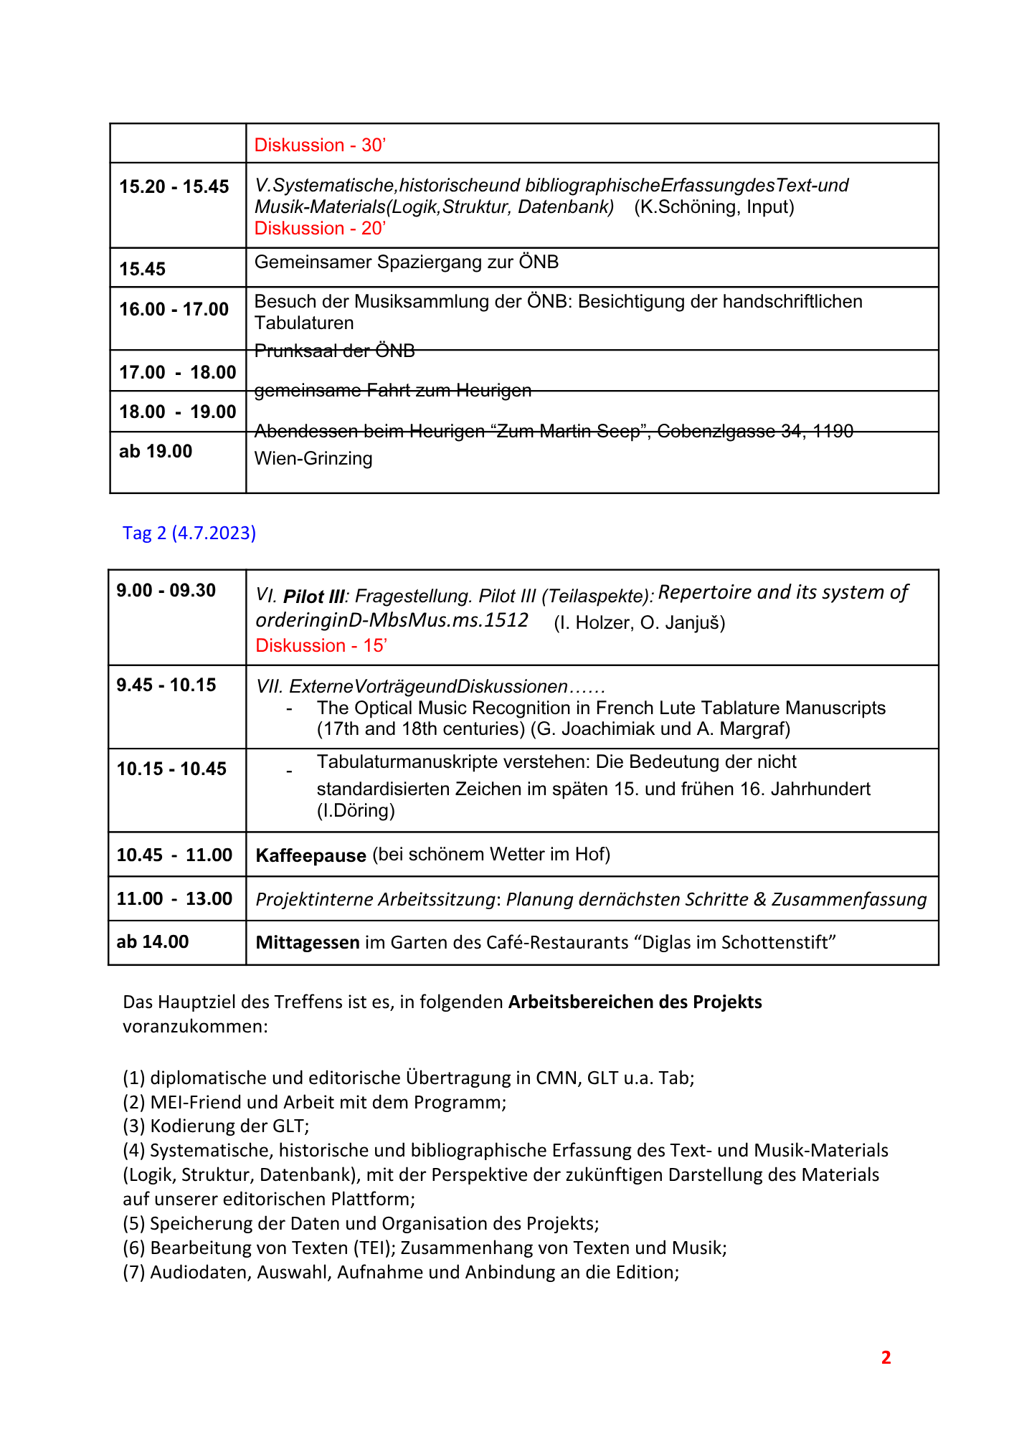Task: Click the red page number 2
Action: coord(886,1357)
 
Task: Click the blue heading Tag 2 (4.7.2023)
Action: coord(189,533)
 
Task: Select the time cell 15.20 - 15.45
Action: coord(174,186)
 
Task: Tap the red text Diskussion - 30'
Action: coord(320,145)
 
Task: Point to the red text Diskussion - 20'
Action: coord(320,228)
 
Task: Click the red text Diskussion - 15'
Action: coord(321,645)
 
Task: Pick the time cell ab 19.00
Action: coord(156,451)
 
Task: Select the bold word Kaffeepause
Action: coord(311,855)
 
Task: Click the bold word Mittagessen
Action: coord(308,942)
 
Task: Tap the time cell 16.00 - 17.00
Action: coord(174,309)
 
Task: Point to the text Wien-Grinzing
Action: coord(313,458)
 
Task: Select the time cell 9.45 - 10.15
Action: coord(166,685)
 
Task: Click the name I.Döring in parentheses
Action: coord(356,811)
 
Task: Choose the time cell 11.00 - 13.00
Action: coord(174,898)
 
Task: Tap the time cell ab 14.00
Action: coord(153,941)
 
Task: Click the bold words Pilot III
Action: coord(314,597)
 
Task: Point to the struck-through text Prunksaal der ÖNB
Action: coord(335,351)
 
